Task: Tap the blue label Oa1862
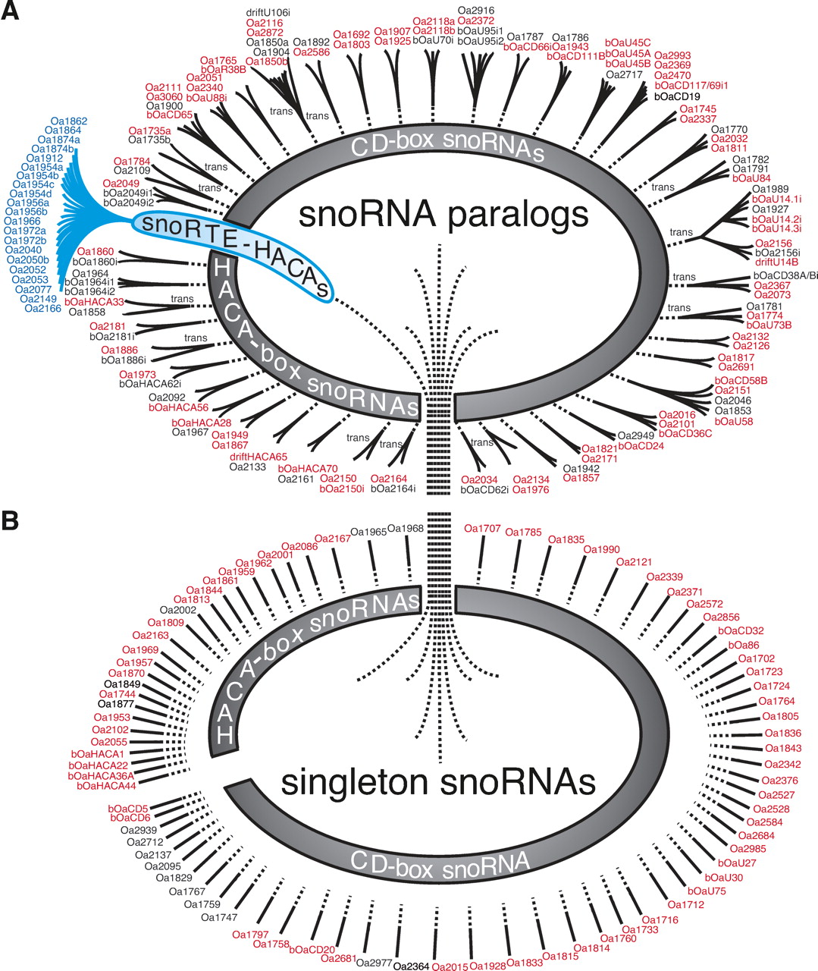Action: pos(69,121)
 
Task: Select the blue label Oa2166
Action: pos(43,308)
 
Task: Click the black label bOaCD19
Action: pos(676,96)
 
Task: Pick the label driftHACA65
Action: pos(259,456)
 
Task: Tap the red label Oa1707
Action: pos(483,528)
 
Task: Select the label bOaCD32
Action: pos(741,630)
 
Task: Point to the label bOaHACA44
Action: pos(105,785)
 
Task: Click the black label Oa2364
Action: pos(413,965)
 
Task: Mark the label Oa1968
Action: pos(405,529)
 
